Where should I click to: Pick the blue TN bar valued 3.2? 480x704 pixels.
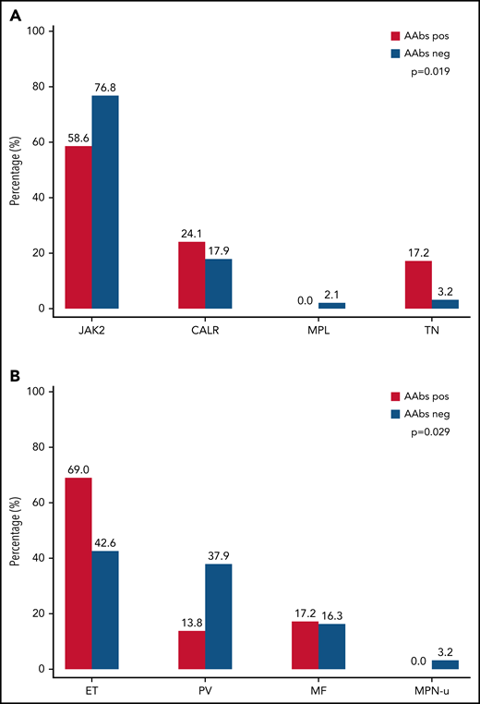pyautogui.click(x=445, y=304)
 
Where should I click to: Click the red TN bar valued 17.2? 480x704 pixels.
pyautogui.click(x=418, y=285)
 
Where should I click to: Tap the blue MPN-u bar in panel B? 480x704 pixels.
pyautogui.click(x=445, y=664)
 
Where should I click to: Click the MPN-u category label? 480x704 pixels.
pyautogui.click(x=431, y=686)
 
